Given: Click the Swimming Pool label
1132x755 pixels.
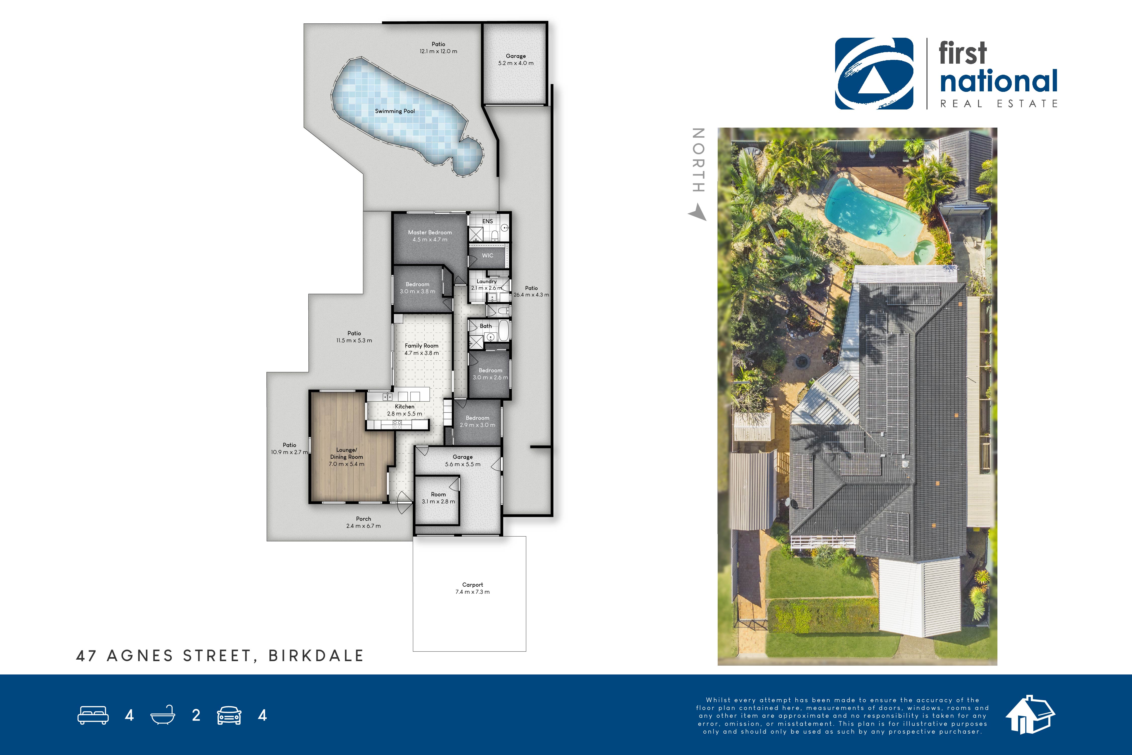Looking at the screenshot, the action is pyautogui.click(x=395, y=111).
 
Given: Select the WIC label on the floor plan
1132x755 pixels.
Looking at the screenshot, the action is pyautogui.click(x=488, y=256).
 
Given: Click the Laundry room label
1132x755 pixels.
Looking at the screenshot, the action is pyautogui.click(x=487, y=281).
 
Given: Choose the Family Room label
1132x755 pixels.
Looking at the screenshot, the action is pyautogui.click(x=422, y=346).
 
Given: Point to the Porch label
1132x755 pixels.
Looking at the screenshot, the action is pyautogui.click(x=363, y=519).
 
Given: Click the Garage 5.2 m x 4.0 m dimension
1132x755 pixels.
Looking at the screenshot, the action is pyautogui.click(x=516, y=63).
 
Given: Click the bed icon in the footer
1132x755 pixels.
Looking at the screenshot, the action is pyautogui.click(x=93, y=715).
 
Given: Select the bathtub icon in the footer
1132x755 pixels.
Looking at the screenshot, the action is pyautogui.click(x=163, y=715).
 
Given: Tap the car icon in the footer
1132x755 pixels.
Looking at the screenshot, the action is pyautogui.click(x=229, y=715).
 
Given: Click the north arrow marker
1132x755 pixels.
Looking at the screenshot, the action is pyautogui.click(x=697, y=212).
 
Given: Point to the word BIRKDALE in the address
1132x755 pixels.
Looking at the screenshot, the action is pyautogui.click(x=316, y=656).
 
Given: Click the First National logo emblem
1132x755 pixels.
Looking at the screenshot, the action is pyautogui.click(x=874, y=74).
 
